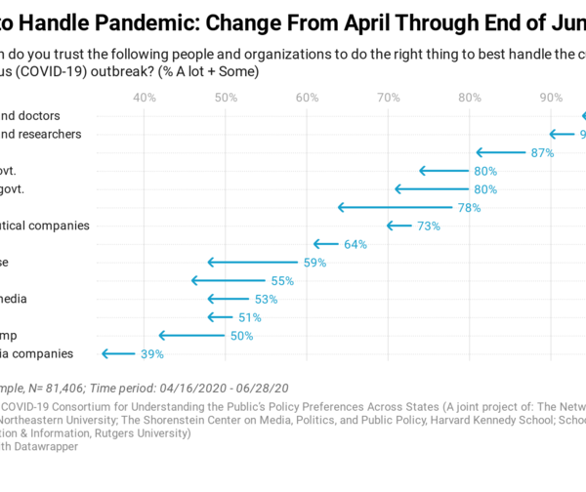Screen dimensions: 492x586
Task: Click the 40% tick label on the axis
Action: click(145, 98)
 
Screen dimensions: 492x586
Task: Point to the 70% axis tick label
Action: click(389, 98)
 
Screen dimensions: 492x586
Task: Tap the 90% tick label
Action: click(551, 98)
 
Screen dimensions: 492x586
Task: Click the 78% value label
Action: click(469, 208)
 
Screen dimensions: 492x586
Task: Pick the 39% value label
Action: click(151, 354)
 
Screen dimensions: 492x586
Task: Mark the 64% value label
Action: click(355, 244)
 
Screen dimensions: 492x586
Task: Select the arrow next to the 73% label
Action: click(399, 225)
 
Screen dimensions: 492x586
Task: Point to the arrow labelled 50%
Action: click(192, 335)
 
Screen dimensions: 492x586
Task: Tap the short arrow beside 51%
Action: click(221, 316)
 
